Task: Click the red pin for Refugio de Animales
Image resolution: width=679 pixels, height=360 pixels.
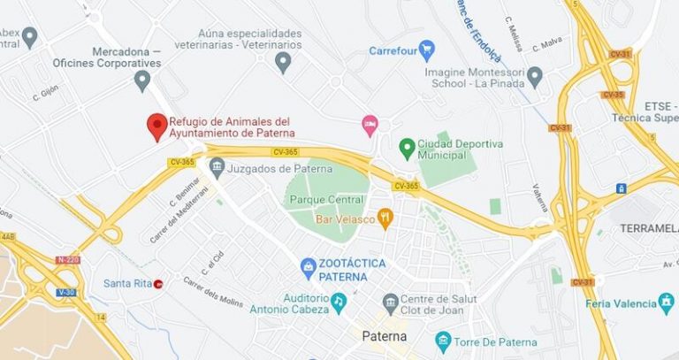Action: (x=157, y=126)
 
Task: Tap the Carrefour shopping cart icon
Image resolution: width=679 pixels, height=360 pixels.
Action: (x=426, y=50)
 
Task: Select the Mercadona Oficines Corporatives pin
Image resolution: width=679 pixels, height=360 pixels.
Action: (x=141, y=80)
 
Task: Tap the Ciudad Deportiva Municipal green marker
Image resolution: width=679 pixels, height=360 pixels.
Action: (x=407, y=148)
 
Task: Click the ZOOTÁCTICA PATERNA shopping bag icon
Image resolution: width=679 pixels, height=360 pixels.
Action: (x=308, y=265)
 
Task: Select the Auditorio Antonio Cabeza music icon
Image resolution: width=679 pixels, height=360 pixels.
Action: (x=338, y=303)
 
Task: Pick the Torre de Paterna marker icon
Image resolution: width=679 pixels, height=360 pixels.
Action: (x=443, y=341)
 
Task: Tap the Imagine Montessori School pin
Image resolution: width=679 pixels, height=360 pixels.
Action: (x=535, y=77)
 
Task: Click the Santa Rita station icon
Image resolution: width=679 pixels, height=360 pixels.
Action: (x=158, y=284)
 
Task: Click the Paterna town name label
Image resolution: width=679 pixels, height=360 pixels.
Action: (x=385, y=336)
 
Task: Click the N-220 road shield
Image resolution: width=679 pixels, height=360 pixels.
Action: (x=66, y=260)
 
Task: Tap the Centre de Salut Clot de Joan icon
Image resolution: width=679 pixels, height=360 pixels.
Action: (x=390, y=302)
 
